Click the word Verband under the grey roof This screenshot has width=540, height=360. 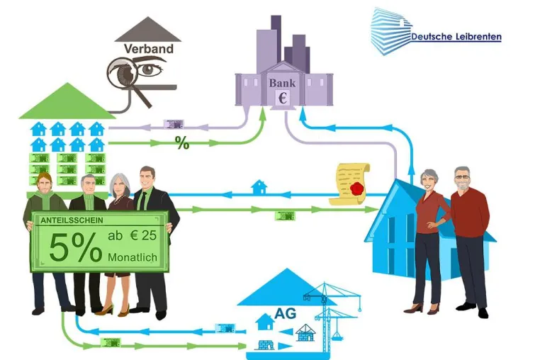point(148,49)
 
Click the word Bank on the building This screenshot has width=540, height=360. point(282,83)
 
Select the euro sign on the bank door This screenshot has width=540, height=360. point(282,98)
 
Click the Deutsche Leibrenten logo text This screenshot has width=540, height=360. point(456,37)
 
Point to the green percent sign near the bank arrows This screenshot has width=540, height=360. point(182,142)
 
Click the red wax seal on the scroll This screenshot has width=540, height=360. point(357,189)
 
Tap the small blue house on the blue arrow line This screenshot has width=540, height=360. point(259,187)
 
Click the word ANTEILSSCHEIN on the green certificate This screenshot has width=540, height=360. point(72,220)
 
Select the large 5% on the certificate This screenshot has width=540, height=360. point(75,247)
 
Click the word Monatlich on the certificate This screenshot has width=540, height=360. point(133,257)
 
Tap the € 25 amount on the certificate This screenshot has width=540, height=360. point(143,235)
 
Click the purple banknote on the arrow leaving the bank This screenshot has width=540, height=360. point(174,124)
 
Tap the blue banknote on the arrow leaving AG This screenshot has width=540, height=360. point(225,328)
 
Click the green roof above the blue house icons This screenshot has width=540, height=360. point(68,101)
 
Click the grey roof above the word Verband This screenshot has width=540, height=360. point(148,29)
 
